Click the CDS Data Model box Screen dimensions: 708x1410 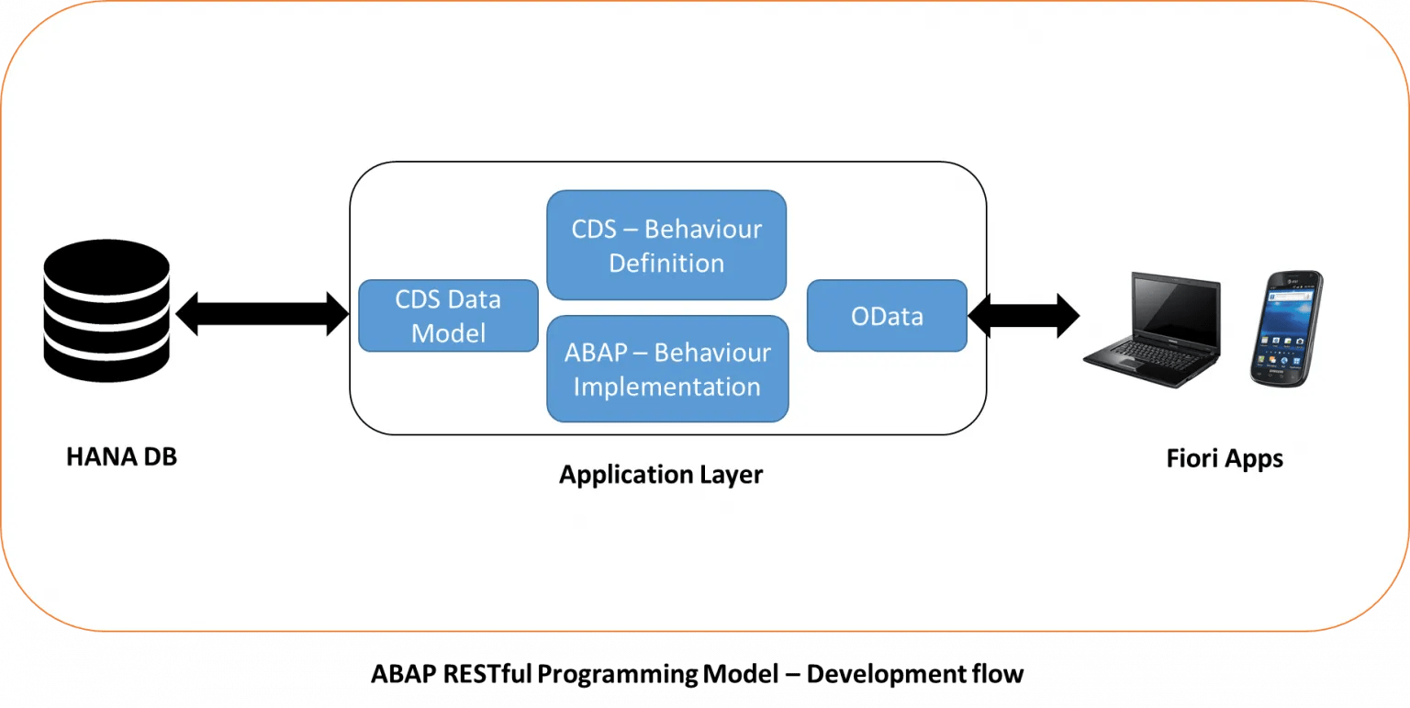(448, 316)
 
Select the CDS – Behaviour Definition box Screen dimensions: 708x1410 (666, 245)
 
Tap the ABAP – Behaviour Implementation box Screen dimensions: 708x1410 (667, 368)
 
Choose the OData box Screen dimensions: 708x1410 (887, 316)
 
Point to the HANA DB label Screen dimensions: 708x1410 (121, 456)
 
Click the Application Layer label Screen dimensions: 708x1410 (661, 475)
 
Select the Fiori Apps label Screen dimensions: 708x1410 (1225, 458)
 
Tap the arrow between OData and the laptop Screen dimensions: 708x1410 (1024, 316)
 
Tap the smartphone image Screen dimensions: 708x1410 (1286, 328)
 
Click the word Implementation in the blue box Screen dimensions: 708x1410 (667, 387)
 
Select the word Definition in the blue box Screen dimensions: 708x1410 (666, 264)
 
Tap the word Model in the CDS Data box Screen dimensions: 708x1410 (448, 333)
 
